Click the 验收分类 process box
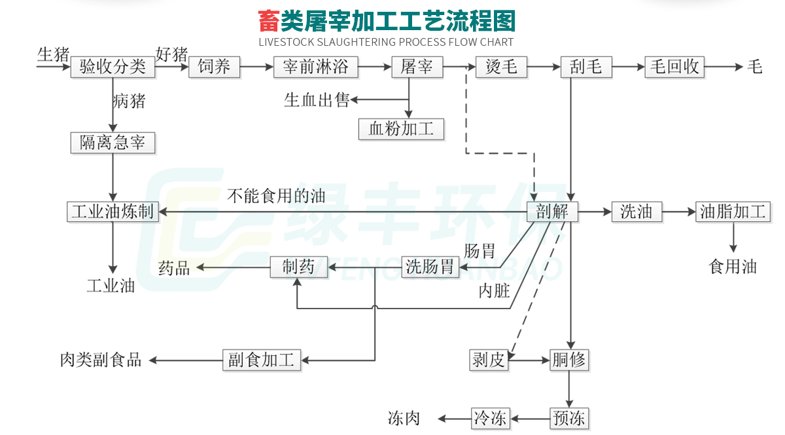(113, 67)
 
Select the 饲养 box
(214, 67)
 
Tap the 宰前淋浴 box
(316, 67)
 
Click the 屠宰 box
(417, 67)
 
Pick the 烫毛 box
(501, 67)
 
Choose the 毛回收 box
(674, 67)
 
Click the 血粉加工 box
(401, 128)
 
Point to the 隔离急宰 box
(113, 142)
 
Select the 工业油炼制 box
(113, 212)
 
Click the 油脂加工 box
(733, 212)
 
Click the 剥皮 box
(489, 360)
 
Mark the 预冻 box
(568, 418)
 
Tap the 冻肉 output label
(404, 418)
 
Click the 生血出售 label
(317, 100)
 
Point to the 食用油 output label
(733, 267)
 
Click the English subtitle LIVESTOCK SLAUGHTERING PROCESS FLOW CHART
(386, 43)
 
